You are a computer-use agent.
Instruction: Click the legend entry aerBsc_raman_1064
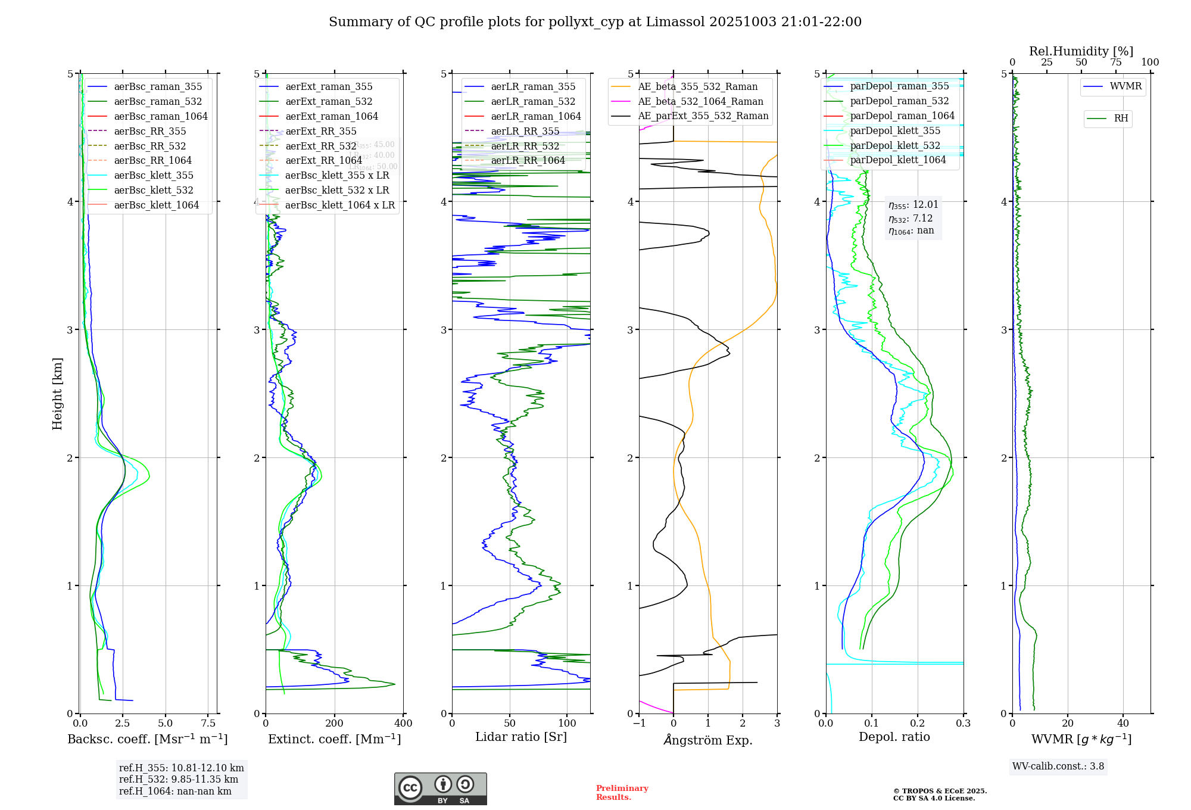click(161, 116)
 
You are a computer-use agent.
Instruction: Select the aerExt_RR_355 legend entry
click(320, 131)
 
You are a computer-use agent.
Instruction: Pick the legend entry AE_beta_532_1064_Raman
click(700, 101)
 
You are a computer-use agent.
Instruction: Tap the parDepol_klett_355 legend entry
click(895, 130)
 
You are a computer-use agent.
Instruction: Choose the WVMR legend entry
click(1125, 86)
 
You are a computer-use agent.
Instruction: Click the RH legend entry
click(1121, 119)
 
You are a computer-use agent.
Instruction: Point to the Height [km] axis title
click(57, 394)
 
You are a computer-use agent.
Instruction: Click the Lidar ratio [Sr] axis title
click(521, 737)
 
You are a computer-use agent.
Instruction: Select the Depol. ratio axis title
click(894, 737)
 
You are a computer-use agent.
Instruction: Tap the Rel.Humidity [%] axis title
click(1081, 51)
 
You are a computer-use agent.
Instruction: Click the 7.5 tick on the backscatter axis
click(208, 723)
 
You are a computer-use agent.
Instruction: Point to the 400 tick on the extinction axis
click(403, 723)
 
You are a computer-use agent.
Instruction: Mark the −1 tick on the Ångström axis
click(639, 723)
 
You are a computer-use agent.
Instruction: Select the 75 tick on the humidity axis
click(1115, 63)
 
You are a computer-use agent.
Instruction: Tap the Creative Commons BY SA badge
click(440, 789)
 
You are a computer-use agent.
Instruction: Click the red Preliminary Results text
click(622, 793)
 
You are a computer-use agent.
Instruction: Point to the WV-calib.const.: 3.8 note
click(1058, 767)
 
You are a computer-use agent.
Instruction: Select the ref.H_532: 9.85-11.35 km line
click(179, 780)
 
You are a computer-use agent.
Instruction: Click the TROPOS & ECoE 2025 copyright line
click(940, 791)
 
